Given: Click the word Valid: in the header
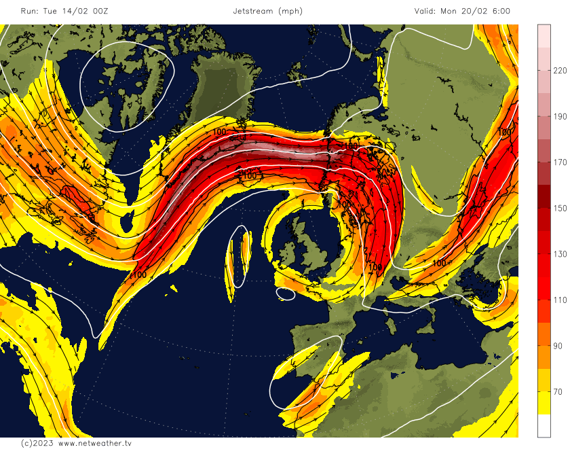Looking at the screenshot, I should point(428,11).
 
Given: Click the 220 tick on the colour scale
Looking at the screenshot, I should point(560,71).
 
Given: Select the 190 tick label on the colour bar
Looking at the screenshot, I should point(560,117).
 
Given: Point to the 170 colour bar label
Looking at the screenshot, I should point(560,162).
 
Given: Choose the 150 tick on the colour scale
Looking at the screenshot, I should point(560,209).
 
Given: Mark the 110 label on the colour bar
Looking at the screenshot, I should point(560,300).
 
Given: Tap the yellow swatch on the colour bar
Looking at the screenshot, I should point(544,403).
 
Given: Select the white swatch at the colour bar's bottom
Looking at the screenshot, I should point(544,425).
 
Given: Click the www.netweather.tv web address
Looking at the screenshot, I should point(94,443).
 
